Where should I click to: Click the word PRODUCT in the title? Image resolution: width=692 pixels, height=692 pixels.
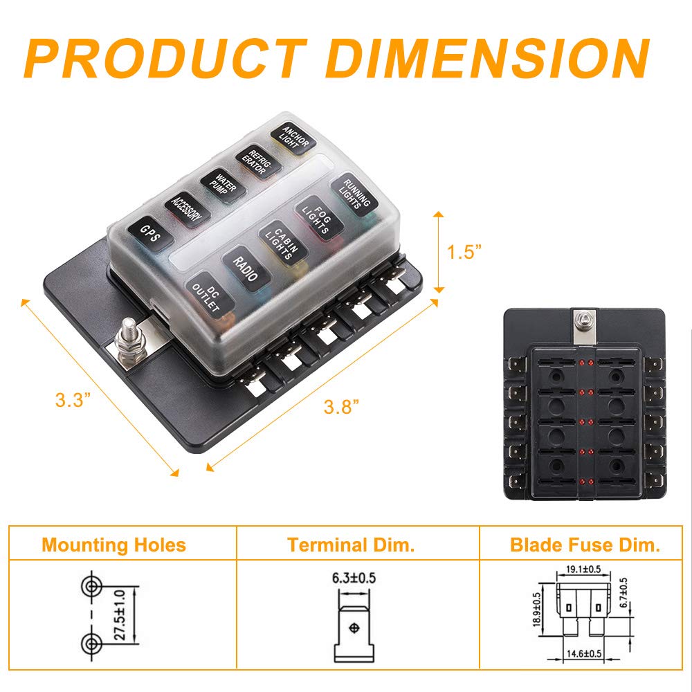(166, 58)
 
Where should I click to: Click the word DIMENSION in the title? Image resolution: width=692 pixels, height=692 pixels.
(487, 58)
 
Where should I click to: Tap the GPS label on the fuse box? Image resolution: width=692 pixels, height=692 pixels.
(150, 234)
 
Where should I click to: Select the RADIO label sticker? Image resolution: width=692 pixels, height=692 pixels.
(246, 268)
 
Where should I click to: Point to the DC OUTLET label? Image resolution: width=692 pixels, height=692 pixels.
(209, 294)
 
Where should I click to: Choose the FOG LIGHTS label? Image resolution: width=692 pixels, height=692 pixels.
(318, 218)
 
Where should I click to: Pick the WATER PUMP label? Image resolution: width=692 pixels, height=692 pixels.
(223, 185)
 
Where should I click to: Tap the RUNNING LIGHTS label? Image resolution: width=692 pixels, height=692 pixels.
(354, 194)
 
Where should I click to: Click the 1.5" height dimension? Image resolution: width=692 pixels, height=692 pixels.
(463, 252)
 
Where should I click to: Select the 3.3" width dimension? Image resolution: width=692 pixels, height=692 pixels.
(73, 400)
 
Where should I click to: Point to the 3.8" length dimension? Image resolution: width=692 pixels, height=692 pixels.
(341, 406)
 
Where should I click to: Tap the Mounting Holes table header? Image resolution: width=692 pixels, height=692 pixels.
(114, 545)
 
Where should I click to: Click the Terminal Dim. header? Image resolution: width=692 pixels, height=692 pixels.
(351, 545)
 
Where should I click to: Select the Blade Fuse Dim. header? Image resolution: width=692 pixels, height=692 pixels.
(585, 545)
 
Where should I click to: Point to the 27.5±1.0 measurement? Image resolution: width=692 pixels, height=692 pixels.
(120, 614)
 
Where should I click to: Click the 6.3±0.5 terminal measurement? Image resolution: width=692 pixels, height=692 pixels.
(354, 578)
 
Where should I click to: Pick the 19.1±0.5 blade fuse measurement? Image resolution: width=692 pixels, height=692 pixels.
(583, 569)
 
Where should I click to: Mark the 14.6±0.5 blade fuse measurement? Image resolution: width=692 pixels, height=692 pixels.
(583, 654)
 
